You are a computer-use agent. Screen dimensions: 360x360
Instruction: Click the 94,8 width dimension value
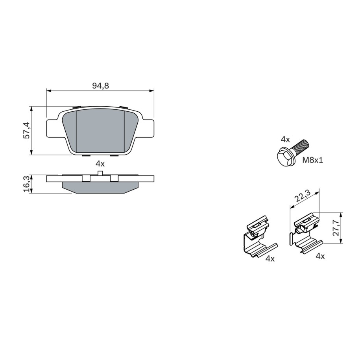pyautogui.click(x=101, y=86)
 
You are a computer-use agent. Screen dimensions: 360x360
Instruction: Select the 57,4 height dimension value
pyautogui.click(x=27, y=130)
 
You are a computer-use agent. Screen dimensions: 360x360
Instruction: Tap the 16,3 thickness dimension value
pyautogui.click(x=27, y=184)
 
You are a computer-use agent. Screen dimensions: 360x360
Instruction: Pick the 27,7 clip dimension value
pyautogui.click(x=336, y=228)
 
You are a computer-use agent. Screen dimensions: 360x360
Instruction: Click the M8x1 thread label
pyautogui.click(x=312, y=160)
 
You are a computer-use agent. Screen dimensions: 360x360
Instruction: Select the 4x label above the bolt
pyautogui.click(x=286, y=139)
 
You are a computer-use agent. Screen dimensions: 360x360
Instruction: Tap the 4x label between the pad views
pyautogui.click(x=100, y=164)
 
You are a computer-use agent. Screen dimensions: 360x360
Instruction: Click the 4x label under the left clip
pyautogui.click(x=270, y=259)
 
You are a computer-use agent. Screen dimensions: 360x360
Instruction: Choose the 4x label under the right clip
pyautogui.click(x=320, y=256)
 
